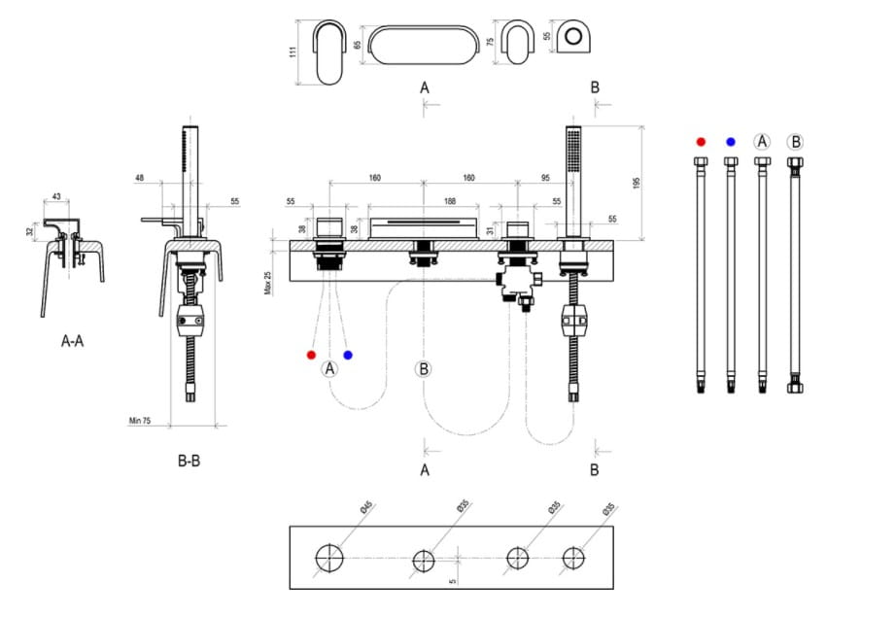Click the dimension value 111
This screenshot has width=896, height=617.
point(293,51)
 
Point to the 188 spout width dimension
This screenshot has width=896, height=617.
point(423,201)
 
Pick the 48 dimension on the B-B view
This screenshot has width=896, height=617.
point(140,179)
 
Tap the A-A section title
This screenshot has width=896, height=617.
point(71,342)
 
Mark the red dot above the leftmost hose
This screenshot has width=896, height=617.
point(701,142)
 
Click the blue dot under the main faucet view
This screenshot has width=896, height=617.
point(348,356)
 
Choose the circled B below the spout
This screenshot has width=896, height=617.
point(424,368)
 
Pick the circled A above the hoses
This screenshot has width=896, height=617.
point(763,142)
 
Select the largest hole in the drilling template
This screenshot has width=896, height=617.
point(329,558)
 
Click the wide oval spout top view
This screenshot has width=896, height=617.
point(424,45)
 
